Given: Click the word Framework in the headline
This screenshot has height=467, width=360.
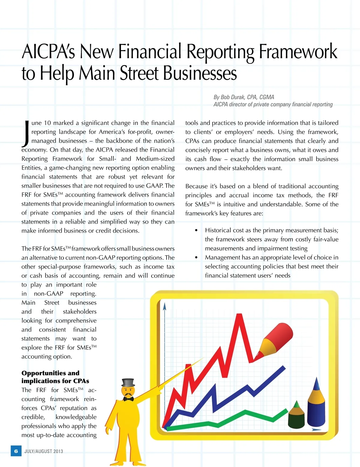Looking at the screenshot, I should pyautogui.click(x=298, y=52).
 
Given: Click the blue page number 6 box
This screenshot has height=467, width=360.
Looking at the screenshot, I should pyautogui.click(x=16, y=451).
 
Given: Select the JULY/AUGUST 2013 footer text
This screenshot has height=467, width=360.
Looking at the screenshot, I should pyautogui.click(x=44, y=451).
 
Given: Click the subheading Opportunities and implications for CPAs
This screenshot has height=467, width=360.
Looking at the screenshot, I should pyautogui.click(x=55, y=377).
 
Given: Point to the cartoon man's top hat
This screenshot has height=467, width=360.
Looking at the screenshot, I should pyautogui.click(x=128, y=383).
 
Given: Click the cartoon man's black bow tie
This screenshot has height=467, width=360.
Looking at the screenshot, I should pyautogui.click(x=128, y=399).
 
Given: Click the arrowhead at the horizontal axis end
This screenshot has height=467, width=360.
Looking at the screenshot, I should pyautogui.click(x=317, y=430).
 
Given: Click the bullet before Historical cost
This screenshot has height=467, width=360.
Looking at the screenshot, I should pyautogui.click(x=196, y=230).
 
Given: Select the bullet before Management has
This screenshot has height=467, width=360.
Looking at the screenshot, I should pyautogui.click(x=196, y=257).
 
